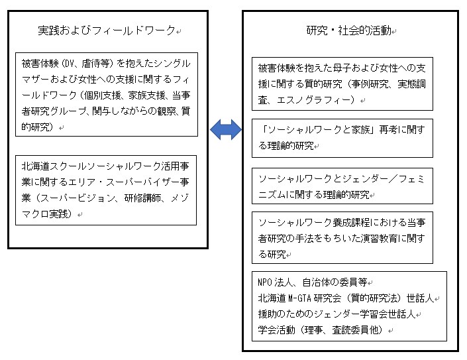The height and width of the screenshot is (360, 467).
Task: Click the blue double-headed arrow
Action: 226,131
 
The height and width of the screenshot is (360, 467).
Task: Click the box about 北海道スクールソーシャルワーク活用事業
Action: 107,190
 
